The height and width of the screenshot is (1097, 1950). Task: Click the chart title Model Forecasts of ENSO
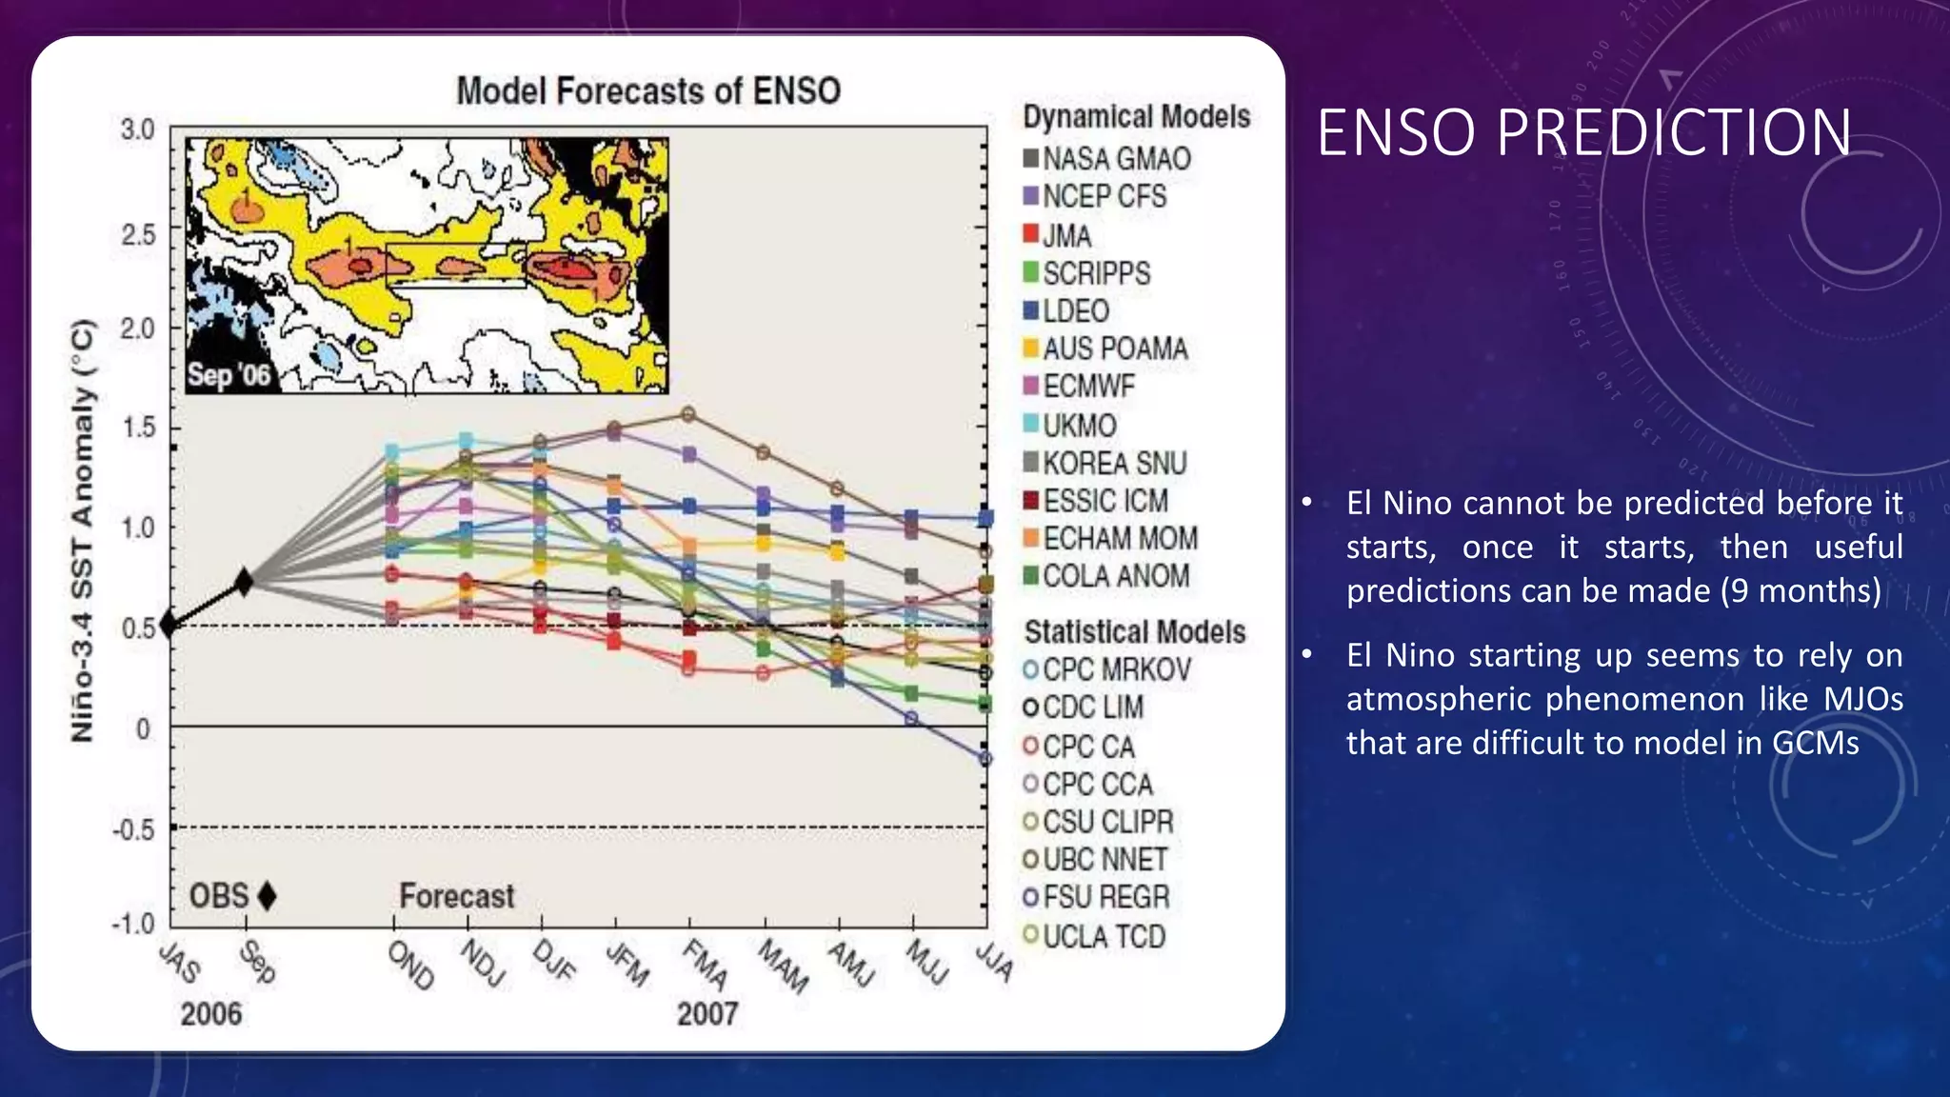648,91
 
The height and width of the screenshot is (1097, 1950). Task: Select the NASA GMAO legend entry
1106,159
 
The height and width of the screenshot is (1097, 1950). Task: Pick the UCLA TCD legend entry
1094,936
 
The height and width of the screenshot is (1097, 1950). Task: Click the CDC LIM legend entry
1083,708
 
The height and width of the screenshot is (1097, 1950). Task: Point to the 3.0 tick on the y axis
138,130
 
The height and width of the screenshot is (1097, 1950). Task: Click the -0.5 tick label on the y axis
133,829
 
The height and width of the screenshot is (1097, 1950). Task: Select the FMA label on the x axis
706,964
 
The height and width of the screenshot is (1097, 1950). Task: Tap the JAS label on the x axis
180,962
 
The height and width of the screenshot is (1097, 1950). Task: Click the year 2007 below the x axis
707,1014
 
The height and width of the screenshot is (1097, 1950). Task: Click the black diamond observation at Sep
244,582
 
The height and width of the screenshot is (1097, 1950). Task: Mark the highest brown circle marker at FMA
688,414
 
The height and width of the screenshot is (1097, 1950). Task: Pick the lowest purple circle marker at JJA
985,759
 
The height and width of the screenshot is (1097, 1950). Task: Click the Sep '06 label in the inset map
229,374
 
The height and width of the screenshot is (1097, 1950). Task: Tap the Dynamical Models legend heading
1136,117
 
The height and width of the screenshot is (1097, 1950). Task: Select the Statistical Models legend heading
1134,631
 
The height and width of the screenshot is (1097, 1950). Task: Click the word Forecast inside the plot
457,896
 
